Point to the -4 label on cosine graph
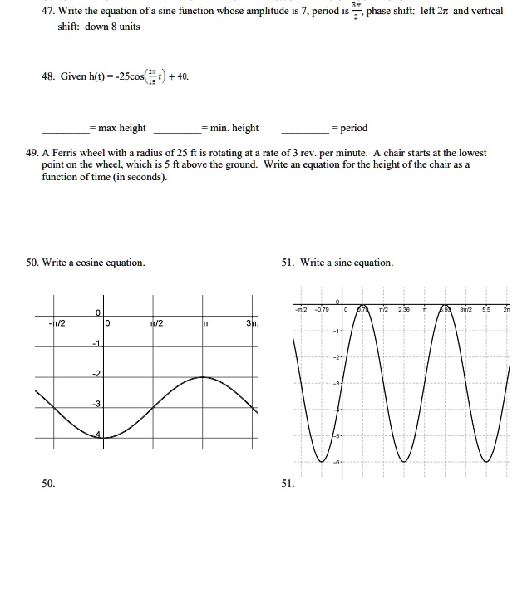pyautogui.click(x=96, y=434)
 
